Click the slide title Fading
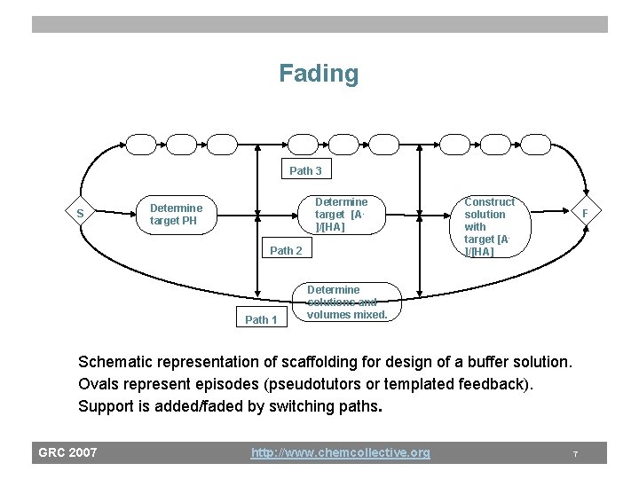pos(319,73)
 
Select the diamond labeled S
pos(80,214)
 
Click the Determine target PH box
pos(176,214)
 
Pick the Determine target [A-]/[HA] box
pos(342,214)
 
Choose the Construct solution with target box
pos(489,226)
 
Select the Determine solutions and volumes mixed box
pos(346,302)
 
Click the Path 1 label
pos(261,319)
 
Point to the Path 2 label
pos(286,250)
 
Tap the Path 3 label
pos(306,170)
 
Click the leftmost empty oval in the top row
pos(140,144)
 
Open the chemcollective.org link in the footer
pos(340,452)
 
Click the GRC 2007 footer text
pos(67,452)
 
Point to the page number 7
pos(575,453)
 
